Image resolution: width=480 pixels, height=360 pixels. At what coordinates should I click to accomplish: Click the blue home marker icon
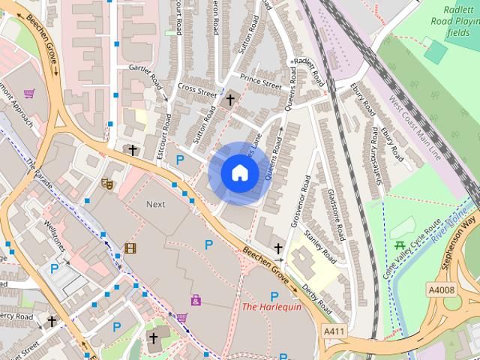[x=239, y=172]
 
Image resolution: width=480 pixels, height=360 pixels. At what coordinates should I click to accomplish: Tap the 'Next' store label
[x=156, y=204]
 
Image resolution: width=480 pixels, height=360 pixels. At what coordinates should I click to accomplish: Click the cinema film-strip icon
[x=130, y=247]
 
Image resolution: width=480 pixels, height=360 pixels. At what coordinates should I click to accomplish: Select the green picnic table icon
[x=400, y=246]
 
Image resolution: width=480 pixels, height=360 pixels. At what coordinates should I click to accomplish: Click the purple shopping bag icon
[x=196, y=300]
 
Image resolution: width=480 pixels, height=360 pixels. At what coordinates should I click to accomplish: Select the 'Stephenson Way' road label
[x=460, y=244]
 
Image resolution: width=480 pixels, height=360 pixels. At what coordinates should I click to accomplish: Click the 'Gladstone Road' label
[x=334, y=211]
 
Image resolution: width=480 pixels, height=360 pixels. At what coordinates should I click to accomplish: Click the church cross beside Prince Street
[x=230, y=99]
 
